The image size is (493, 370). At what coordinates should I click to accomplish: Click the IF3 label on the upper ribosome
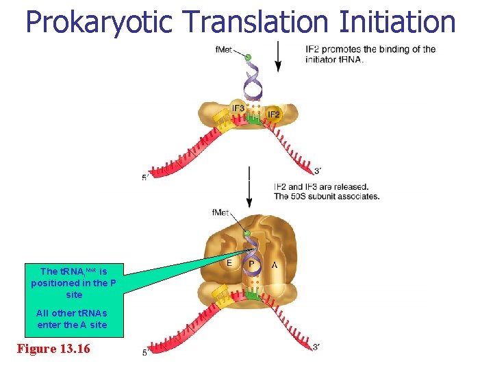coord(238,108)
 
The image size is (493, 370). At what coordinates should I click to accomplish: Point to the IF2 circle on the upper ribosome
coord(273,114)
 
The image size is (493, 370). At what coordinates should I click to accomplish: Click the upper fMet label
coord(223,49)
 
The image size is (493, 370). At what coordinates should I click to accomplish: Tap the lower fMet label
coord(220,212)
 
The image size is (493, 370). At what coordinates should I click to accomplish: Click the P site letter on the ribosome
coord(252,264)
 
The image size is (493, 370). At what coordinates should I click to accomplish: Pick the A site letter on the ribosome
coord(275,264)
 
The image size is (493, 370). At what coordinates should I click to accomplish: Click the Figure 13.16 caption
coord(53,348)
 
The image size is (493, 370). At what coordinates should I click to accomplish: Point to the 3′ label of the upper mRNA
coord(316,171)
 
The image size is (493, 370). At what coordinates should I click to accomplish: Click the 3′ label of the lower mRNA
coord(316,347)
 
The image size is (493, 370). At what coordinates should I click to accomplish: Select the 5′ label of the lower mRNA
coord(146,353)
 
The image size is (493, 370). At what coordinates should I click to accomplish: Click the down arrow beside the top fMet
coord(277,56)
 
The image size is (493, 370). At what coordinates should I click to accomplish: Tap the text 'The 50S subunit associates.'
coord(326,197)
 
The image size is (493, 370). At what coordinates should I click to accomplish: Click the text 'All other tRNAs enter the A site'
coord(72,319)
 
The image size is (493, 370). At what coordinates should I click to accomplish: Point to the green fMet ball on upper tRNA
coord(248,58)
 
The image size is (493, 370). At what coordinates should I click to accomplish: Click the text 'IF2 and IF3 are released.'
coord(320,186)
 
